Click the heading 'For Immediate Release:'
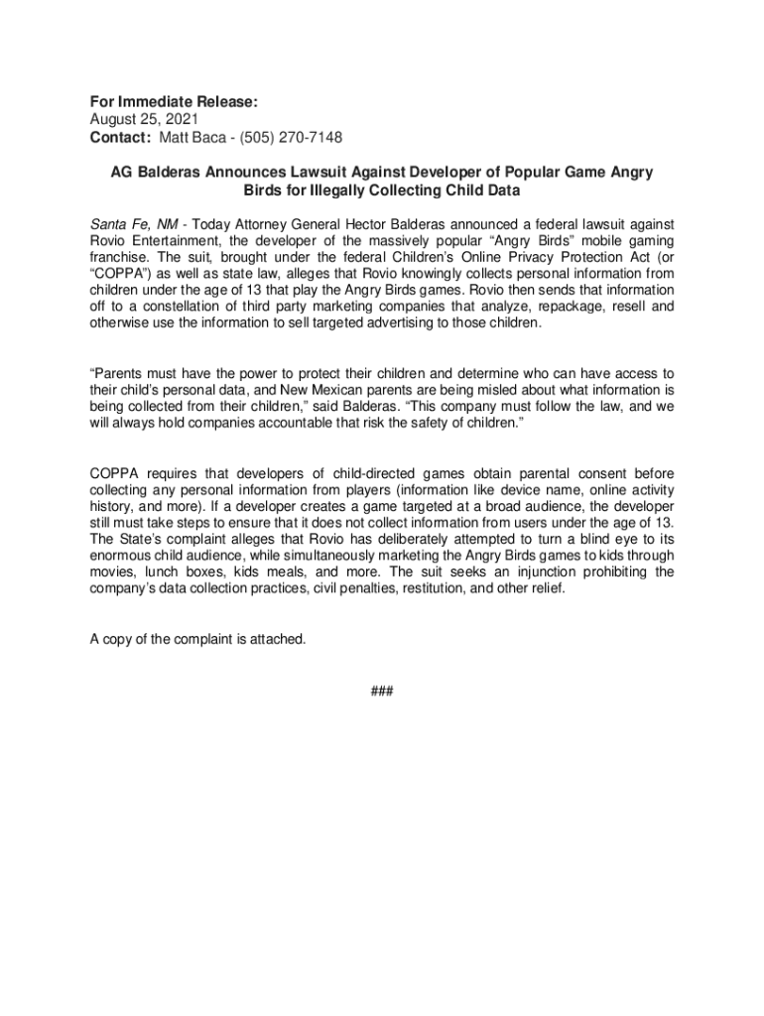174,101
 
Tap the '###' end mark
381,691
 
